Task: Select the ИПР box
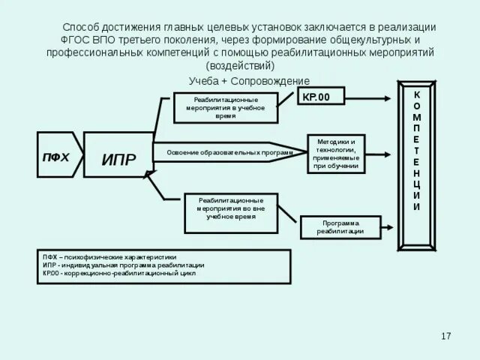pyautogui.click(x=118, y=159)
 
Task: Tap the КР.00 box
pyautogui.click(x=320, y=96)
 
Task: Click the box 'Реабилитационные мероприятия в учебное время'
pyautogui.click(x=226, y=107)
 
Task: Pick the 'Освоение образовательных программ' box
pyautogui.click(x=223, y=152)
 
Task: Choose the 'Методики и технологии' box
pyautogui.click(x=335, y=153)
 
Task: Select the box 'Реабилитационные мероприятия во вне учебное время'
pyautogui.click(x=230, y=208)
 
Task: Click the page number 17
pyautogui.click(x=446, y=334)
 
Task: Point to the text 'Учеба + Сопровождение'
pyautogui.click(x=250, y=81)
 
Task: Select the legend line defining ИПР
pyautogui.click(x=123, y=265)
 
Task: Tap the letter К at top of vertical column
pyautogui.click(x=417, y=95)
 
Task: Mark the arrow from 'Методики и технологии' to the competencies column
pyautogui.click(x=383, y=152)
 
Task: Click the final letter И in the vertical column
pyautogui.click(x=417, y=206)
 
